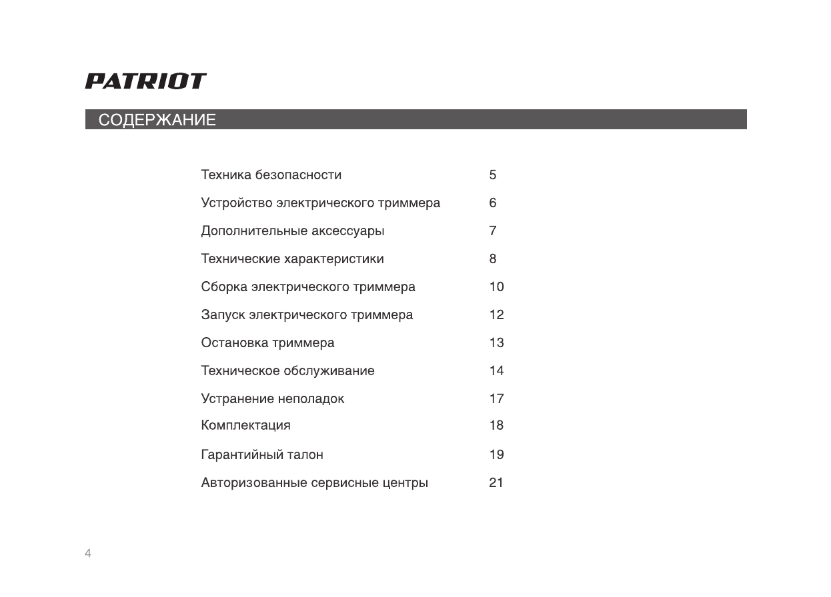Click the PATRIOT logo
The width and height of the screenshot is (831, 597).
tap(145, 81)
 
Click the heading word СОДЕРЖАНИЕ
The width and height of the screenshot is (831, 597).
tap(157, 121)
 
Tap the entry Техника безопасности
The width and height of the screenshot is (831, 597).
tap(271, 175)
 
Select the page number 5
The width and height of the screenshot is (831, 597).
tap(493, 175)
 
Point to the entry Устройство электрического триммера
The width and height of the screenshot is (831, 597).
tap(320, 203)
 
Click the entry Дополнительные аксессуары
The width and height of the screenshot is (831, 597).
tap(293, 231)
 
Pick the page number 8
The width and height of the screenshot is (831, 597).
tap(493, 259)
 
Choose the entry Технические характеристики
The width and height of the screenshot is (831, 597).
tap(292, 259)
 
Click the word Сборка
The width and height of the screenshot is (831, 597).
tap(224, 287)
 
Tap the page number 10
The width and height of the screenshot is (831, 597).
tap(496, 287)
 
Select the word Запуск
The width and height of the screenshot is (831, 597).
tap(223, 315)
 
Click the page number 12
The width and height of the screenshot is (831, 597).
tap(496, 315)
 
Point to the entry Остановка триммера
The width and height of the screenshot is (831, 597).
tap(267, 343)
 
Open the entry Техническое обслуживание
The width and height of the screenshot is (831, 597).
tap(287, 371)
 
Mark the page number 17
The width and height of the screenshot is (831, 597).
tap(496, 399)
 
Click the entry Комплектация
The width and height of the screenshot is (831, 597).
tap(245, 425)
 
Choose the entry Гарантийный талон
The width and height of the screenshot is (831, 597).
tap(262, 455)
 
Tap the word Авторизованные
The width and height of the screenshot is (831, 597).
tap(254, 483)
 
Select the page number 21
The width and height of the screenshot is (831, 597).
tap(496, 483)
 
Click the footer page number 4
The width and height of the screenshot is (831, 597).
tap(88, 554)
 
